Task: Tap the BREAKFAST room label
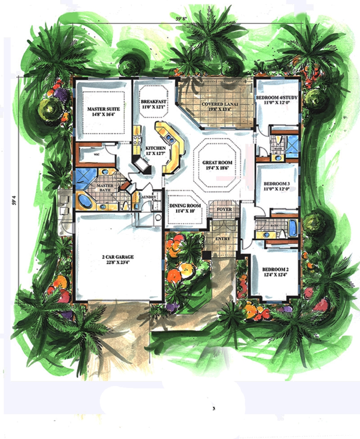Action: [154, 102]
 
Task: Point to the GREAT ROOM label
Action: [215, 163]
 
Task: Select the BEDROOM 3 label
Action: [277, 184]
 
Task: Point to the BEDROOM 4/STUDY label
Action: [278, 97]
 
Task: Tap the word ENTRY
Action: [222, 239]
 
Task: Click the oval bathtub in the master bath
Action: [84, 200]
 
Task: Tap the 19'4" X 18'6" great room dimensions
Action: [215, 168]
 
